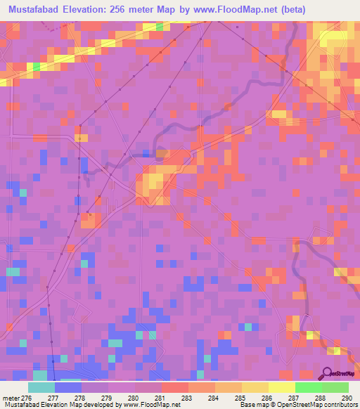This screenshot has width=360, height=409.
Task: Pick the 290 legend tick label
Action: [345, 398]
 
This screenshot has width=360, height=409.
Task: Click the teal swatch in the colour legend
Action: [41, 387]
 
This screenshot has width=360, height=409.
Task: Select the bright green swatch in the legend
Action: [309, 387]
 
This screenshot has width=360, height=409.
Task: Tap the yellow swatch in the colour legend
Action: [282, 387]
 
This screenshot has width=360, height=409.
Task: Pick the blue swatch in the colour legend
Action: [68, 387]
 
